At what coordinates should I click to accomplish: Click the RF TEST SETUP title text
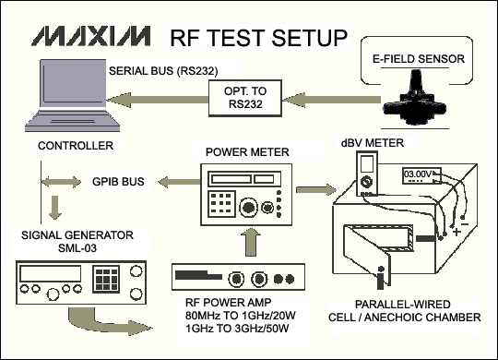pyautogui.click(x=258, y=37)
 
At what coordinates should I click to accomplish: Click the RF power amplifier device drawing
pyautogui.click(x=238, y=277)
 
